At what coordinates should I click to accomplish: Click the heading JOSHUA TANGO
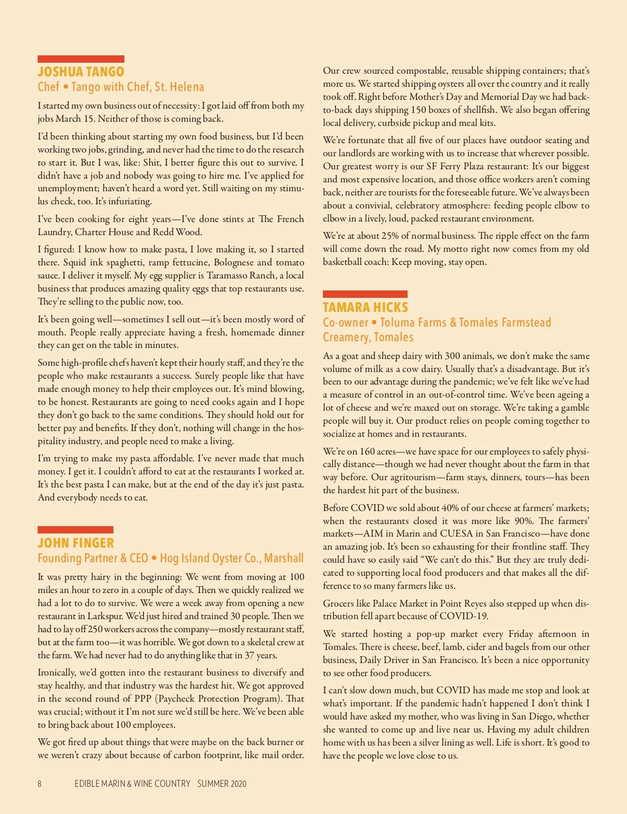tap(80, 72)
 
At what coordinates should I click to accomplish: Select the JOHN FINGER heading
tap(75, 543)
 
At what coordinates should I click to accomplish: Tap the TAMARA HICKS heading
tap(365, 307)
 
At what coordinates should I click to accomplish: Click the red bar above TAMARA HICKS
tap(365, 294)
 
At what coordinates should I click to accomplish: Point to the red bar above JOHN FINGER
tap(75, 530)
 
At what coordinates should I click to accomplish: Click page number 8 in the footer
tap(39, 784)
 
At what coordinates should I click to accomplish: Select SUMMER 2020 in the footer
tap(222, 784)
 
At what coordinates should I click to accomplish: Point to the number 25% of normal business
tap(390, 236)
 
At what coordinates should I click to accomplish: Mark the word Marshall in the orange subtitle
tap(284, 558)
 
